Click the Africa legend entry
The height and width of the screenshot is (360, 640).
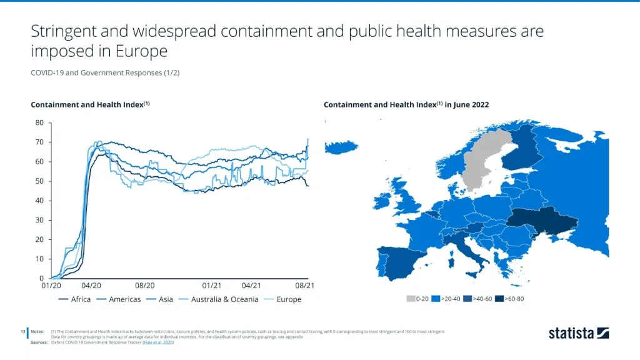[x=74, y=299]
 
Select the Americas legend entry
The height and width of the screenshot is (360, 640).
[x=119, y=299]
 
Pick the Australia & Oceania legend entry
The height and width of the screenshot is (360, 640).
[x=219, y=299]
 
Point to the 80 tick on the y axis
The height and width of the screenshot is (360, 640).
[x=39, y=123]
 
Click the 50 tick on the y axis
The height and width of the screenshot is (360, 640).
[x=39, y=181]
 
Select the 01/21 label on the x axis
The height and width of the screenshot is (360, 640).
[x=212, y=286]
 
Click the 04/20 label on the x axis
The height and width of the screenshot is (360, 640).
[x=91, y=286]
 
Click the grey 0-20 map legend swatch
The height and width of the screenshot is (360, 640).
[x=411, y=299]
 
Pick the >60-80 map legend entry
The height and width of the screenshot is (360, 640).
[x=510, y=299]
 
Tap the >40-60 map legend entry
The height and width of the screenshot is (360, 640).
[x=479, y=299]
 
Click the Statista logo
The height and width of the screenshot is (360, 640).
[x=578, y=333]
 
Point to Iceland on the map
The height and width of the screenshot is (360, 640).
[x=341, y=147]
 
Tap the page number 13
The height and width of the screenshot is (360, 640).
[x=22, y=331]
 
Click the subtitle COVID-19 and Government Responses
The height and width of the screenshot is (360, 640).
[x=105, y=73]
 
